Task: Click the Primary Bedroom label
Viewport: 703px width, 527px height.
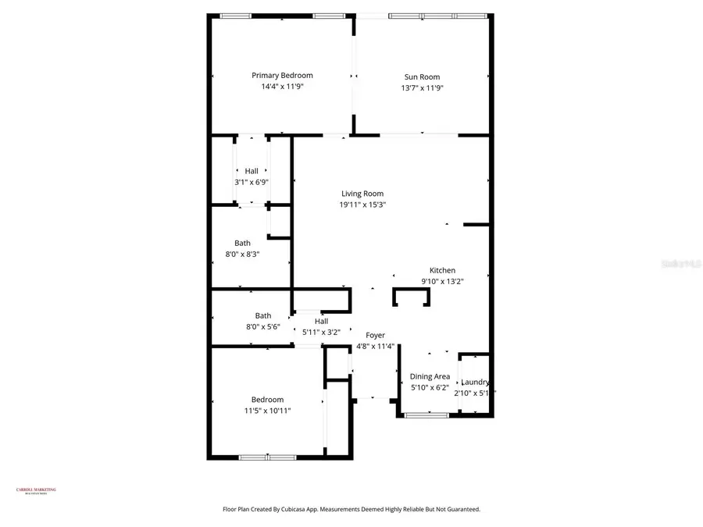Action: click(282, 76)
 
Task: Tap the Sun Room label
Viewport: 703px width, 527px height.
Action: click(422, 77)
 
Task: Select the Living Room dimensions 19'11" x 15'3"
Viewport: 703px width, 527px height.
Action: click(362, 205)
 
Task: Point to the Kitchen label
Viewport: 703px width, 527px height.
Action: click(442, 270)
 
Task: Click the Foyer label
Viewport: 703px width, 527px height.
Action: click(375, 335)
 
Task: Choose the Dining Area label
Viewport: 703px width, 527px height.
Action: click(430, 376)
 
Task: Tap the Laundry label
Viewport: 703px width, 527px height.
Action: click(474, 382)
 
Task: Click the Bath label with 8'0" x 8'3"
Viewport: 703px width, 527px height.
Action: click(243, 243)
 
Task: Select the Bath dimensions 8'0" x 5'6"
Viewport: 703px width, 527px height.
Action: click(262, 327)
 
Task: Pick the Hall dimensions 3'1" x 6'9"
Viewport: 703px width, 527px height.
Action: click(252, 182)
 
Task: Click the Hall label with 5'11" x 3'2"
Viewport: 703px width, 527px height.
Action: click(321, 321)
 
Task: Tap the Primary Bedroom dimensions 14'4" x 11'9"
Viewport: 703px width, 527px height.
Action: click(282, 87)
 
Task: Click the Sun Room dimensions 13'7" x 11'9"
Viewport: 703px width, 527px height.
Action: click(422, 88)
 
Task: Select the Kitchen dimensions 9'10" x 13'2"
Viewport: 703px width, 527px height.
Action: click(442, 282)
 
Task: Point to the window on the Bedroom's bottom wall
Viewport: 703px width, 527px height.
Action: click(267, 458)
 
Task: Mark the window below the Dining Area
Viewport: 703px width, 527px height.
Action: click(426, 415)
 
